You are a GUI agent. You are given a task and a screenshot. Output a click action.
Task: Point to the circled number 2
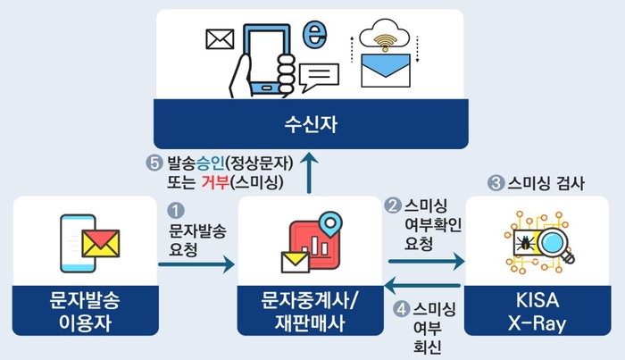[391, 205]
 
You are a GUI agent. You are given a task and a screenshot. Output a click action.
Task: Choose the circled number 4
[401, 308]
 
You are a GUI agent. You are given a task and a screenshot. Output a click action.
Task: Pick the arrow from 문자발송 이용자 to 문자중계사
[196, 264]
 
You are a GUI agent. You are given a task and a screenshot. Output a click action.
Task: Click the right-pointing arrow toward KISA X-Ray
[427, 262]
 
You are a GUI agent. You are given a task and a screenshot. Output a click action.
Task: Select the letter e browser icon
[313, 35]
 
